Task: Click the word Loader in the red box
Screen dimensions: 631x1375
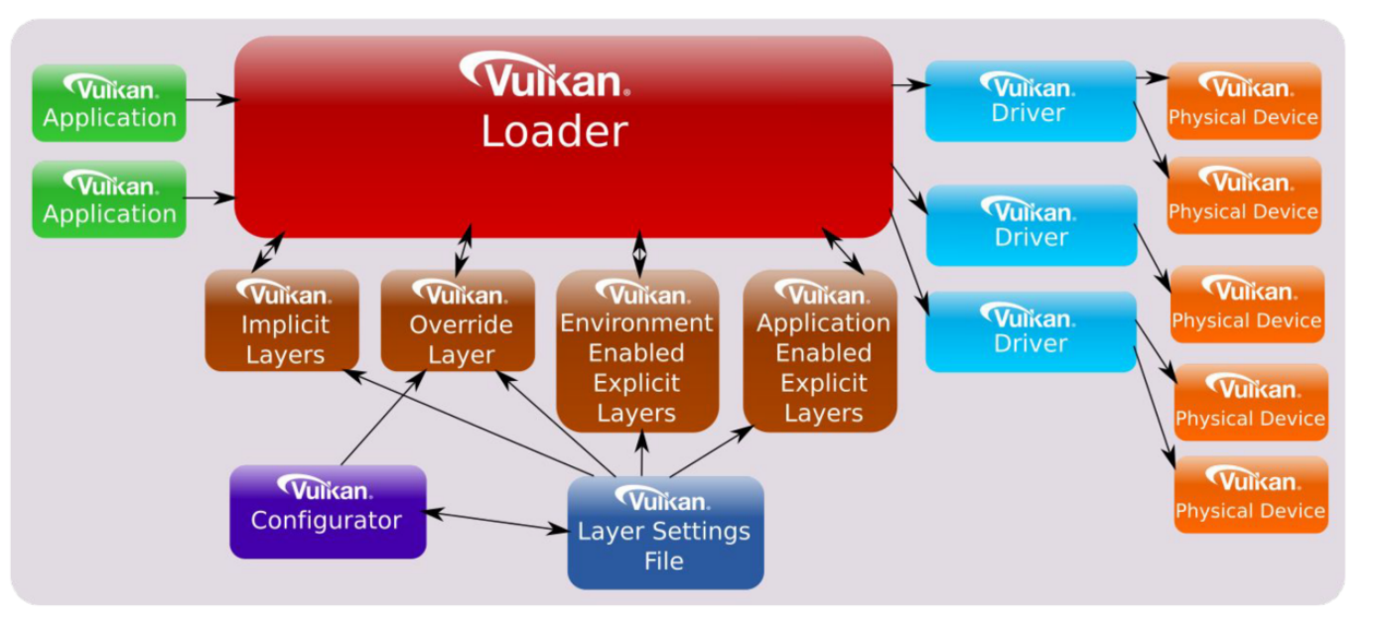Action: [x=554, y=132]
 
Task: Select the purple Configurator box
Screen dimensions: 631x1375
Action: [x=328, y=511]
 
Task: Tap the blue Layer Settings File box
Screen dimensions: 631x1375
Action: [x=664, y=534]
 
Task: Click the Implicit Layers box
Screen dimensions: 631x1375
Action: [x=282, y=321]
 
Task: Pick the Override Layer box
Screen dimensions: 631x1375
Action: [x=459, y=321]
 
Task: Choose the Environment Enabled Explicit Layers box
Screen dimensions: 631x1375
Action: [x=636, y=351]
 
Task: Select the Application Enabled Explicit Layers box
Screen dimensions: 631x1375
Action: [x=821, y=351]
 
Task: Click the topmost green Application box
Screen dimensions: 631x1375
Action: [x=109, y=103]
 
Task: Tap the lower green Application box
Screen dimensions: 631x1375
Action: [x=109, y=199]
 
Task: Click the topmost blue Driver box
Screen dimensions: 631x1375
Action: [x=1030, y=100]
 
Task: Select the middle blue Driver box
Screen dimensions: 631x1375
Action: [x=1030, y=225]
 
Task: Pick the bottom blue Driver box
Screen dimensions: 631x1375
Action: [x=1030, y=331]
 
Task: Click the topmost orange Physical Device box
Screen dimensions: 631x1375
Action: [x=1243, y=101]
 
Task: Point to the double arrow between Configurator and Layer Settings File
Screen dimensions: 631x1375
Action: [x=496, y=521]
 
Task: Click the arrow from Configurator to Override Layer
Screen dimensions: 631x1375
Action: [x=384, y=417]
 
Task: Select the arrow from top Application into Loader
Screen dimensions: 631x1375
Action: [x=210, y=99]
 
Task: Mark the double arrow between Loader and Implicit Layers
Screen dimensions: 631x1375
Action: [x=268, y=251]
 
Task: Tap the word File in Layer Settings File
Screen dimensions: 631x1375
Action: [x=663, y=562]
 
